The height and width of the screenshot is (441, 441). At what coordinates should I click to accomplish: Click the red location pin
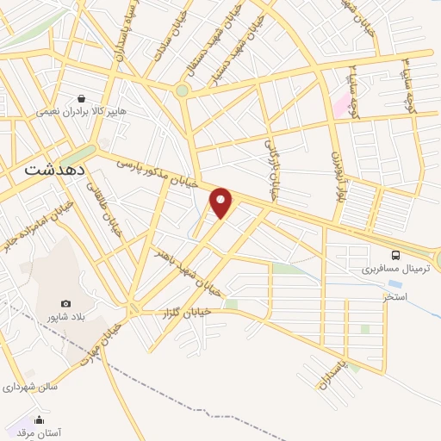point(222,202)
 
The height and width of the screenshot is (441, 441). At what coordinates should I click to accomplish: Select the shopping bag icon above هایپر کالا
point(81,99)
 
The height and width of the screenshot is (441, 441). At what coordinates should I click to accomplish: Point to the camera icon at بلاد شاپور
point(66,303)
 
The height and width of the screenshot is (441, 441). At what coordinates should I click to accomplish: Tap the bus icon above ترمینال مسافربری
point(395,255)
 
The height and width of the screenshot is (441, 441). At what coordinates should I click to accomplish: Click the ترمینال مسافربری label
point(394,269)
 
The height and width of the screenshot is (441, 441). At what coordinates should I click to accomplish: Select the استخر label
point(394,296)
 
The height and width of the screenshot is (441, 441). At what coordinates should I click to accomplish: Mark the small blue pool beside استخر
point(394,283)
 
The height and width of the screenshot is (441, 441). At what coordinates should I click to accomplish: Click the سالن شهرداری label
point(29,387)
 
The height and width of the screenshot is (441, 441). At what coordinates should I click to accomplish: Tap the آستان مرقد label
point(38,433)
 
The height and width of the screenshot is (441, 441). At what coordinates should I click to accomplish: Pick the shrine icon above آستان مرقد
point(38,420)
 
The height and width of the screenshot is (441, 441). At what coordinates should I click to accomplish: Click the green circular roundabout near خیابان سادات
point(182,90)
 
